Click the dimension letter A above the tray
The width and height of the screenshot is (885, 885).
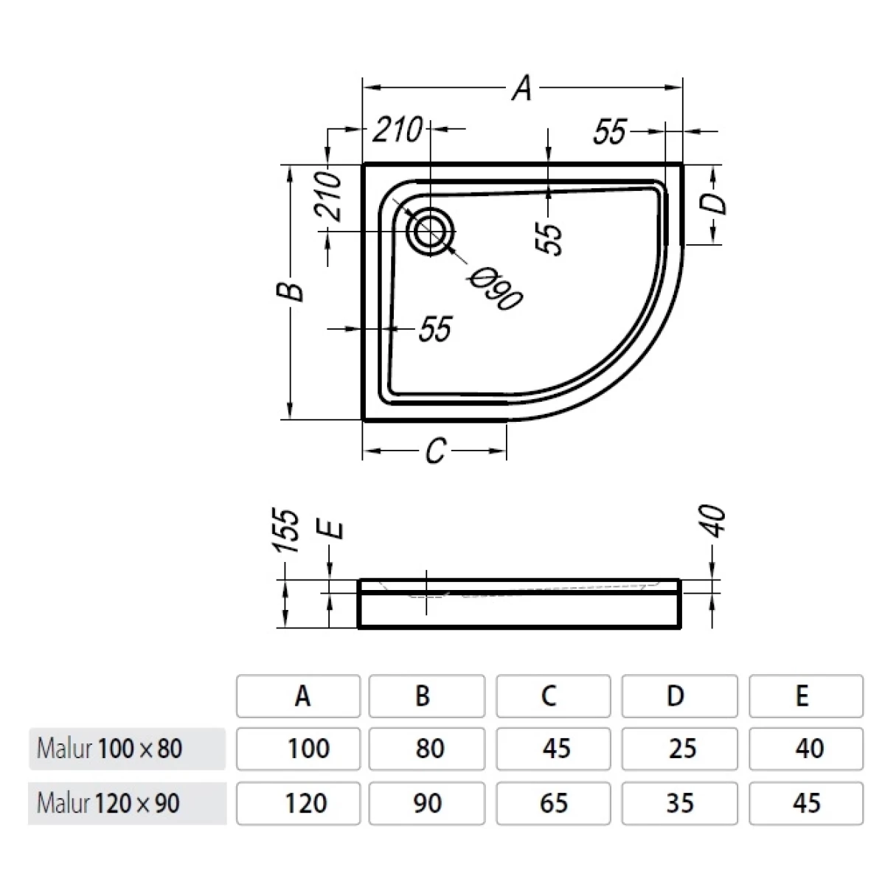coord(522,88)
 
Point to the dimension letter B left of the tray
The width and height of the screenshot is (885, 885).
coord(293,291)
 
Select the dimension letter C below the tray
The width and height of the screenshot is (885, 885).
coord(436,451)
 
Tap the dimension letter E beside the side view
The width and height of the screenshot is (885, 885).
coord(334,530)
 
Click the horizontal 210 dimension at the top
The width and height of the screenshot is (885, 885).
coord(396,130)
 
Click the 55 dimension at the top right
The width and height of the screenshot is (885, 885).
coord(609,133)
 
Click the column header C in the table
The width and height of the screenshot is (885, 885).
coord(552,695)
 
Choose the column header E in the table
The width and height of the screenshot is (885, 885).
coord(805,695)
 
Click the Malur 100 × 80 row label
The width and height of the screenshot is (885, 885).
coord(110,749)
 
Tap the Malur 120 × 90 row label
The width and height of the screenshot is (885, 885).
coord(108,802)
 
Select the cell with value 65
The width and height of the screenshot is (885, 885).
coord(553,802)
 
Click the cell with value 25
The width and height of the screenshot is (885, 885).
coord(679,749)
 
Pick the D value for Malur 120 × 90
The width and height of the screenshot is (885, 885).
coord(679,802)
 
